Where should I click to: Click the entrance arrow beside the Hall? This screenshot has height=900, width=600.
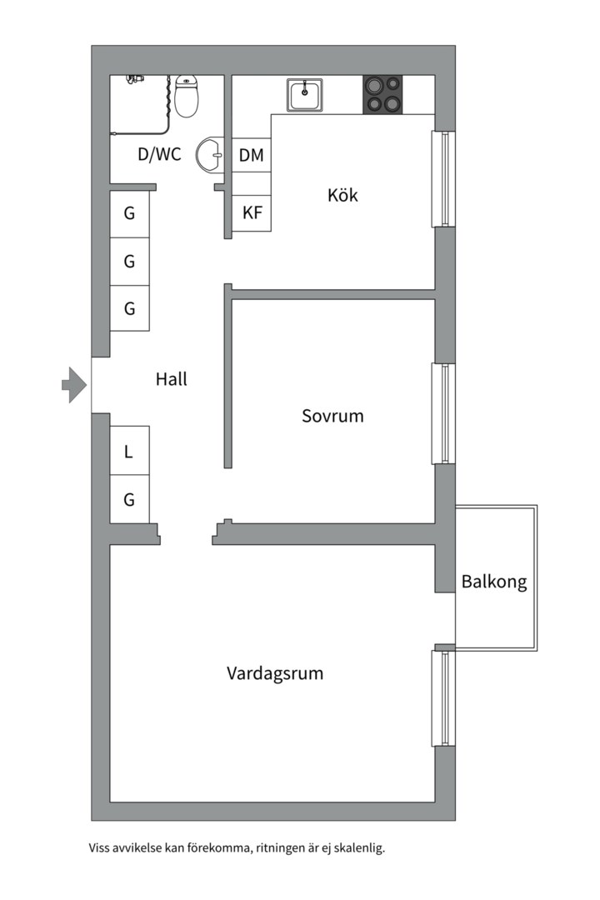point(74,384)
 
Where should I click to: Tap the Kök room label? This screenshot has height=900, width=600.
point(342,195)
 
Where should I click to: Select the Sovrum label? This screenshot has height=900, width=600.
point(332,415)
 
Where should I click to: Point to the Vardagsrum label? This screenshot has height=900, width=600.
point(275,672)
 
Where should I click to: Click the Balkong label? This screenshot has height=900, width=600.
point(494,582)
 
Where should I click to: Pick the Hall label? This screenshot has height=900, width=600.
point(172,379)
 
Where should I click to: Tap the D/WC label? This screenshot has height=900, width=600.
point(159,154)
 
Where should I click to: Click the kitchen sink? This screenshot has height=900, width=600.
point(306,94)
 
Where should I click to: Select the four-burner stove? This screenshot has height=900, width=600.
point(382,94)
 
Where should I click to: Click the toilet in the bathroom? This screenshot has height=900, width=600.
point(187,96)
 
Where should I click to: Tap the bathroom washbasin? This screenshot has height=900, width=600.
point(210,153)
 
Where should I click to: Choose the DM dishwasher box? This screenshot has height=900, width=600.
point(251,155)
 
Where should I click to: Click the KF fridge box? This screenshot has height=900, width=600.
point(252,212)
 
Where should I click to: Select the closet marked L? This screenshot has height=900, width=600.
point(129,452)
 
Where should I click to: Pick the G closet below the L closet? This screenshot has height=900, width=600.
point(129,500)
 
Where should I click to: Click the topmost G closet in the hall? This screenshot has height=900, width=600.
point(129,213)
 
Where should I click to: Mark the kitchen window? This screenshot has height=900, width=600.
point(444,178)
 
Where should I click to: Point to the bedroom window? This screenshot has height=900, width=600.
point(444,413)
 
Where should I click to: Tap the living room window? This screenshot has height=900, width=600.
point(444,698)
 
